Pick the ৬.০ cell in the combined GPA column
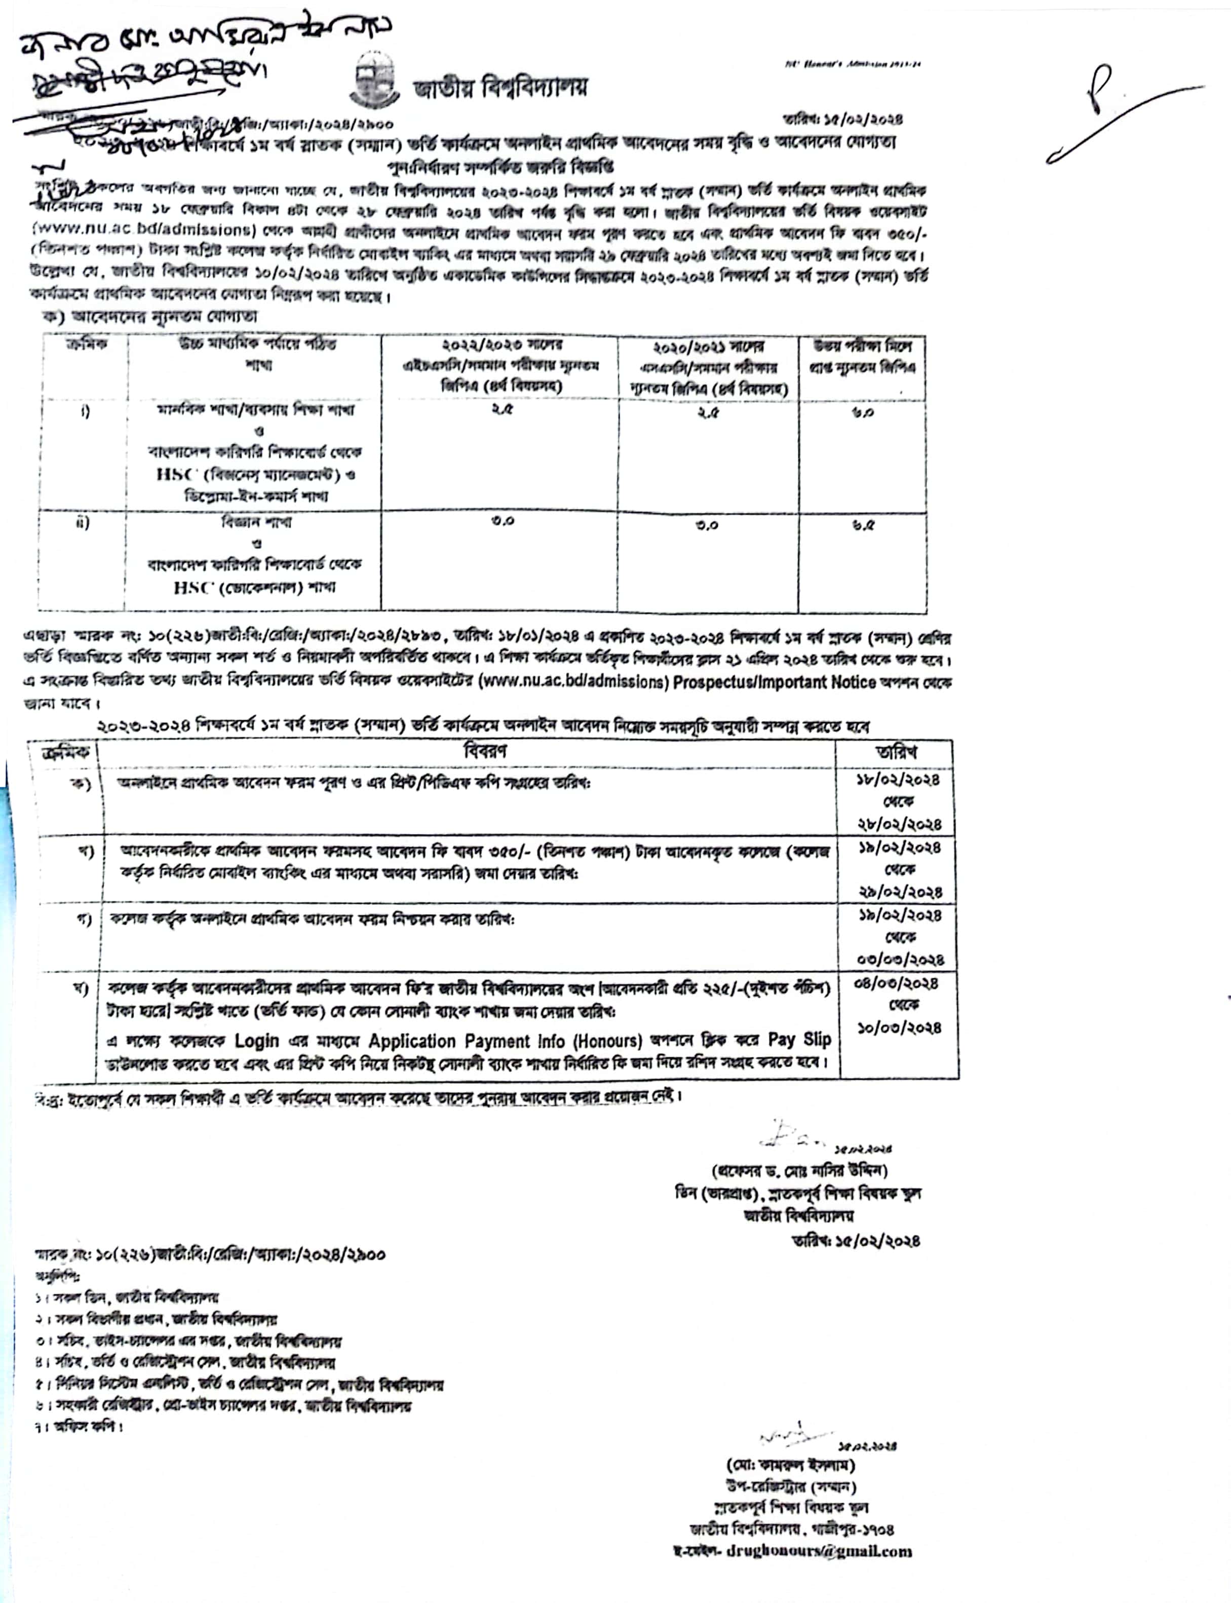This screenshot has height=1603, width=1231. click(x=862, y=412)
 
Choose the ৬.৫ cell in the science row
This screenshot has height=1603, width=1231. click(x=862, y=525)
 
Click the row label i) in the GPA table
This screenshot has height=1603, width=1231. click(x=85, y=412)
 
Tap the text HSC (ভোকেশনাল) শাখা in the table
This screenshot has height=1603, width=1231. click(x=254, y=588)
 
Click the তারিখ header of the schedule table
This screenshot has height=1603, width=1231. click(x=896, y=752)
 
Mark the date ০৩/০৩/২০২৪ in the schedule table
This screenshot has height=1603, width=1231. click(x=900, y=960)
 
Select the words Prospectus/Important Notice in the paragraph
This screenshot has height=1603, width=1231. click(x=775, y=682)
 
